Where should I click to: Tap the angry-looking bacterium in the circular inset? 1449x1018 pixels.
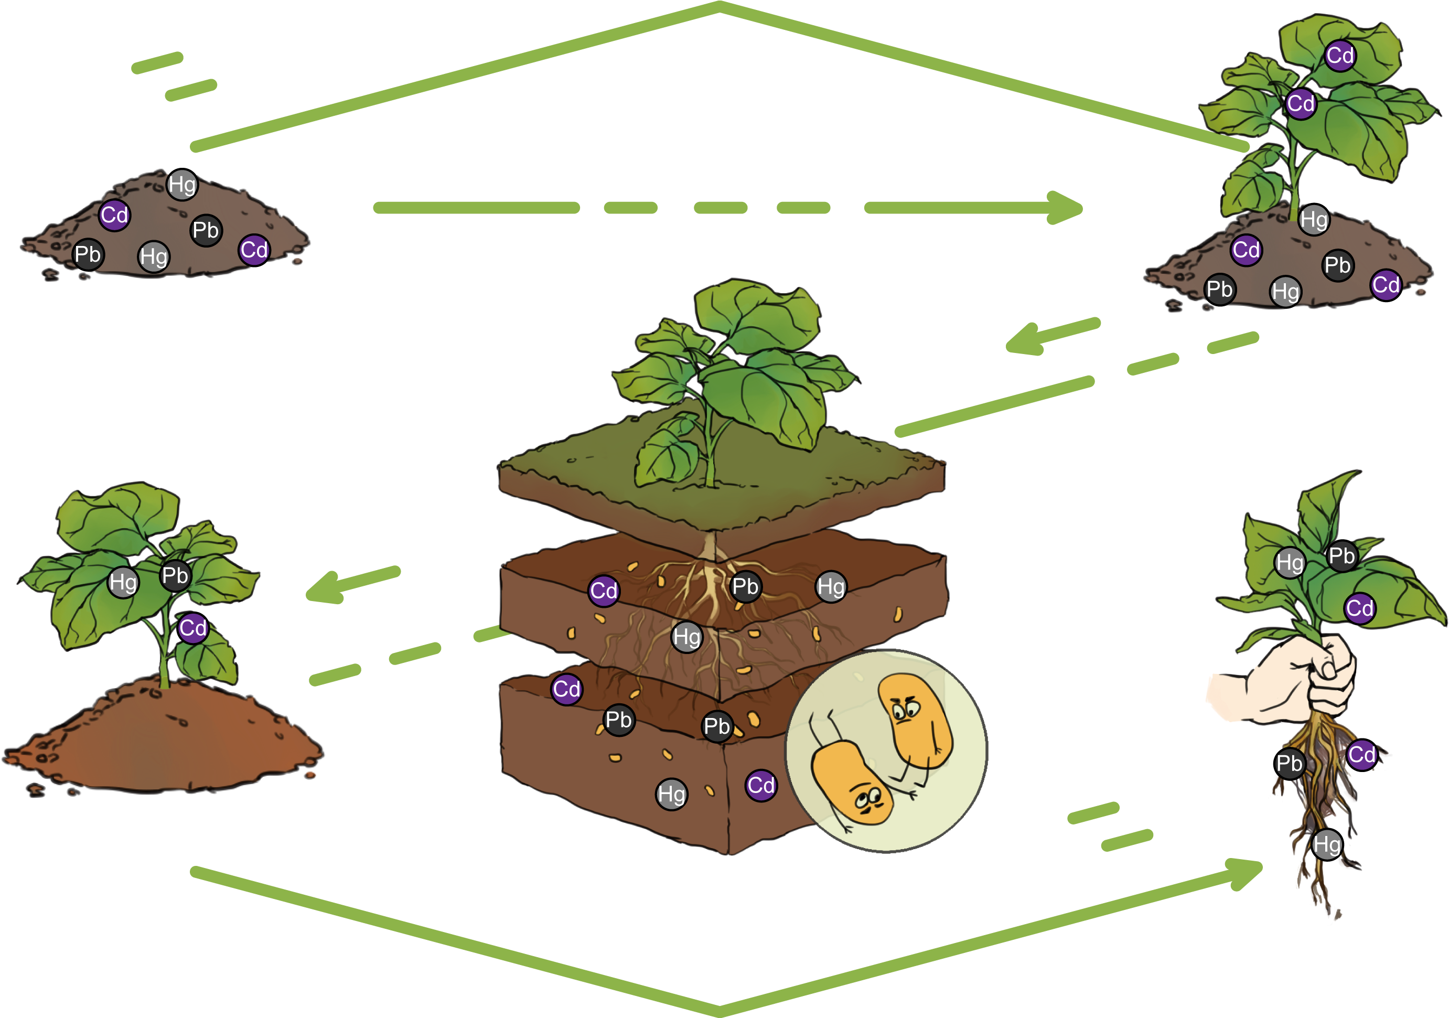(x=915, y=720)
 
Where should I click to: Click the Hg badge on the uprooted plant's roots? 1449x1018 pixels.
(x=1327, y=844)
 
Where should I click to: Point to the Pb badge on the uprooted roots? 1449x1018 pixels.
(x=1290, y=764)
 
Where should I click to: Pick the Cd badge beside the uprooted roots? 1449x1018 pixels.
(x=1361, y=755)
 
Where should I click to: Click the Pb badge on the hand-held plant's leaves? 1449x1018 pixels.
(x=1341, y=556)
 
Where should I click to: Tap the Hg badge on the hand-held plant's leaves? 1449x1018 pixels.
(x=1290, y=563)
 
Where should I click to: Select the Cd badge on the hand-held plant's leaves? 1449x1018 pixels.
(x=1359, y=608)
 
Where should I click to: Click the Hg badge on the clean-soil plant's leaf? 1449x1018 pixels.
(x=123, y=582)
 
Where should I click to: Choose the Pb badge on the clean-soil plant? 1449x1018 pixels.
(x=175, y=575)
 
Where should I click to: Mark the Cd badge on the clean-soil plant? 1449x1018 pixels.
(x=192, y=628)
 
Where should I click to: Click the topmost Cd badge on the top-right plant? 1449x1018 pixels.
(x=1340, y=56)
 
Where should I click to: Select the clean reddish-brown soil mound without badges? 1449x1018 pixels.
(x=164, y=738)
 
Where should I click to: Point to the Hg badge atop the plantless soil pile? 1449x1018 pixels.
(x=183, y=185)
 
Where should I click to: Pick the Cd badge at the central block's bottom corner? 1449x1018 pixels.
(x=761, y=786)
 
